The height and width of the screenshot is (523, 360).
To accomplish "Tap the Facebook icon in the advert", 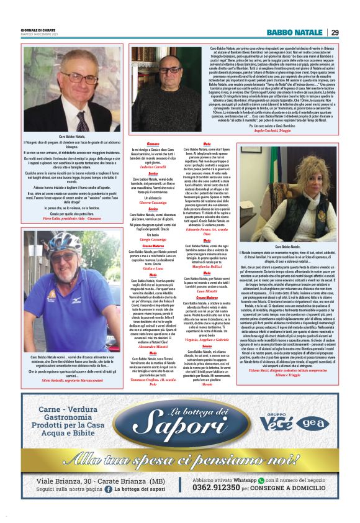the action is (x=108, y=490).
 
